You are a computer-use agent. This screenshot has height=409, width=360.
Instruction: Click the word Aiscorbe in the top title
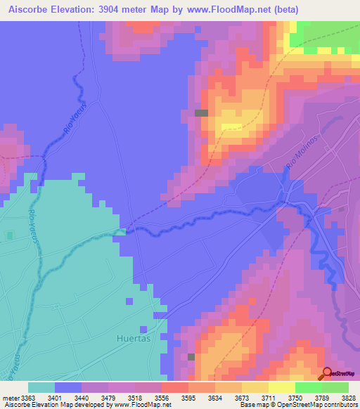tap(32, 9)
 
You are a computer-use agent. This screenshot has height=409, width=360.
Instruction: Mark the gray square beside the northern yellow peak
tap(202, 112)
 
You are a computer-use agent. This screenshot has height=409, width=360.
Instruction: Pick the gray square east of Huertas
tap(191, 356)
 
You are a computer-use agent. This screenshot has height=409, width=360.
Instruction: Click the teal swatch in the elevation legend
tap(41, 387)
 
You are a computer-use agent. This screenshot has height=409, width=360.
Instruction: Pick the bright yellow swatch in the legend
tap(282, 387)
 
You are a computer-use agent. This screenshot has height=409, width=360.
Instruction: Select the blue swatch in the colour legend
tap(68, 387)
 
